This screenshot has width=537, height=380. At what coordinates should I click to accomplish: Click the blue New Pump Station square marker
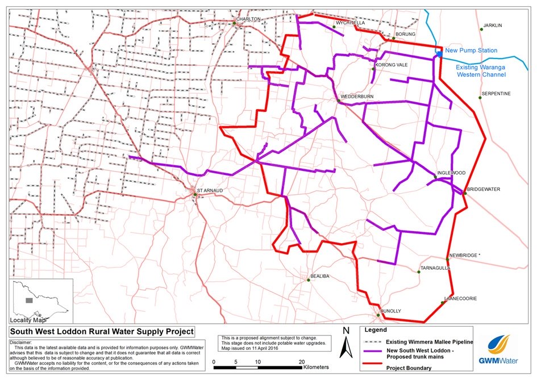pyautogui.click(x=440, y=53)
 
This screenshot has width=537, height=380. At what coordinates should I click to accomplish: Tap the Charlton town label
pyautogui.click(x=249, y=19)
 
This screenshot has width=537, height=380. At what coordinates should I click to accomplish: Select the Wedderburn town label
pyautogui.click(x=357, y=97)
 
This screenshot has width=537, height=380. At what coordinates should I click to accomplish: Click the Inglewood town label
pyautogui.click(x=452, y=173)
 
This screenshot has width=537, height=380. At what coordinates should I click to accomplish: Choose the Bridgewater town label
pyautogui.click(x=483, y=189)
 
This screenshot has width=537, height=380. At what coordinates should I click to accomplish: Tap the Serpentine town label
pyautogui.click(x=496, y=93)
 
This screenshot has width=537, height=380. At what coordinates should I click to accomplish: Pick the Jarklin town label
pyautogui.click(x=493, y=26)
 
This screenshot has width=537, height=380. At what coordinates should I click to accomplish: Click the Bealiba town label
pyautogui.click(x=320, y=277)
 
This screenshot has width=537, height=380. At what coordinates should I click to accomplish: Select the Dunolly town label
pyautogui.click(x=391, y=311)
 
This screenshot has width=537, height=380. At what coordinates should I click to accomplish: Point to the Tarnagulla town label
pyautogui.click(x=435, y=268)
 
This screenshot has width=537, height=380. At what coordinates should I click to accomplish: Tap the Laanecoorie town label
pyautogui.click(x=460, y=298)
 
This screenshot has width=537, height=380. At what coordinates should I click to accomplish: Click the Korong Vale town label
pyautogui.click(x=392, y=65)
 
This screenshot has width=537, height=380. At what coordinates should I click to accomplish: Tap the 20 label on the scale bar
pyautogui.click(x=302, y=361)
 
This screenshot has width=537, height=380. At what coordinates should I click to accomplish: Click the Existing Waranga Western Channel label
pyautogui.click(x=481, y=70)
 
